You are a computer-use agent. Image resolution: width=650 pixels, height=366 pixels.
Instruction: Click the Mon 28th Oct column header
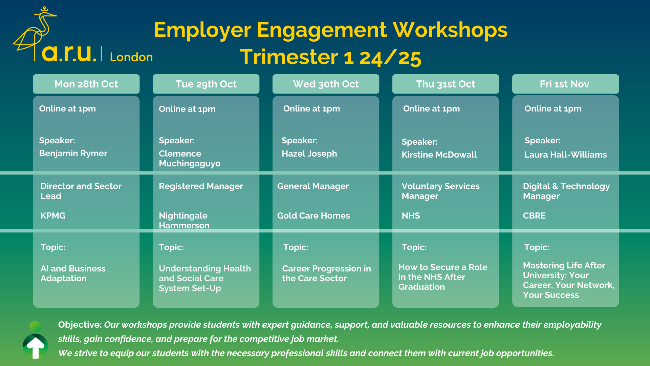pyautogui.click(x=86, y=84)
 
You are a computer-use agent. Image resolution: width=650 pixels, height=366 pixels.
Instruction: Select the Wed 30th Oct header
pyautogui.click(x=326, y=84)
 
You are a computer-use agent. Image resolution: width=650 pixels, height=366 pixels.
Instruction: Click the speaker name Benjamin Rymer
pyautogui.click(x=73, y=154)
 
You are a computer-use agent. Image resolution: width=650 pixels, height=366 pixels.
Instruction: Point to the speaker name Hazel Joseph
pyautogui.click(x=309, y=154)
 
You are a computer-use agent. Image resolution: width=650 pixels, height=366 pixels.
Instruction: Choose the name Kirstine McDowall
pyautogui.click(x=439, y=155)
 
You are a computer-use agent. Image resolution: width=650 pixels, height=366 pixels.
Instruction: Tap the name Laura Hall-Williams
pyautogui.click(x=566, y=155)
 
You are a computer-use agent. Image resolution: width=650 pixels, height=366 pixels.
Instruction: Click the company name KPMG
pyautogui.click(x=53, y=216)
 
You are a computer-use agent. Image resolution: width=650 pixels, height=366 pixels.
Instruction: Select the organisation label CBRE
pyautogui.click(x=534, y=216)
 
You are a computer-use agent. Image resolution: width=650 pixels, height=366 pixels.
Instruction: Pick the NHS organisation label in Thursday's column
pyautogui.click(x=411, y=216)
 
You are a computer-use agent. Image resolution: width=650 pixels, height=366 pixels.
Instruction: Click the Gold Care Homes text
pyautogui.click(x=313, y=216)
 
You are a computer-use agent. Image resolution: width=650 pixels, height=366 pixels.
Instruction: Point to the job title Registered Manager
pyautogui.click(x=201, y=186)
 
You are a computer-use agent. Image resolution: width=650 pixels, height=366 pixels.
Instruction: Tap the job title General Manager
pyautogui.click(x=313, y=186)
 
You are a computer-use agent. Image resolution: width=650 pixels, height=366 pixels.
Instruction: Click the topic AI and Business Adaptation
pyautogui.click(x=73, y=273)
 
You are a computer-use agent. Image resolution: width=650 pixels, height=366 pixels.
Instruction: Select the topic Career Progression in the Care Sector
pyautogui.click(x=327, y=273)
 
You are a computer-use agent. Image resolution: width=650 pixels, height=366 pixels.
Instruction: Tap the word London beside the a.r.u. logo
pyautogui.click(x=131, y=57)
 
